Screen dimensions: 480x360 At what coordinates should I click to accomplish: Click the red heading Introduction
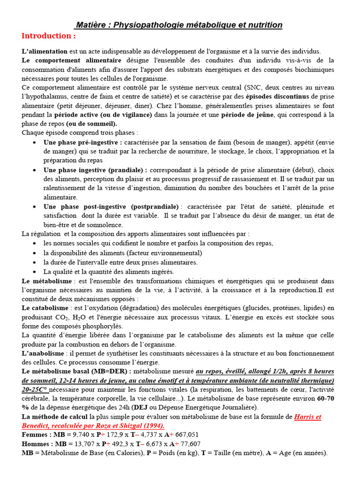[48, 36]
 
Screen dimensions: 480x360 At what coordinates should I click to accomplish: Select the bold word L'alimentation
[45, 51]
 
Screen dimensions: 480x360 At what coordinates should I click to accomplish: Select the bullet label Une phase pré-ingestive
[82, 142]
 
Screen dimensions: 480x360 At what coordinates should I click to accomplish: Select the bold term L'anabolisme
[44, 353]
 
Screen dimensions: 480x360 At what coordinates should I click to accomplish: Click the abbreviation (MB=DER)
[109, 371]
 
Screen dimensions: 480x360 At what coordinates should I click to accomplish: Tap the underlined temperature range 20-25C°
[35, 390]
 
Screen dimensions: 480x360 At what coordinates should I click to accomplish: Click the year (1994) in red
[151, 426]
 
